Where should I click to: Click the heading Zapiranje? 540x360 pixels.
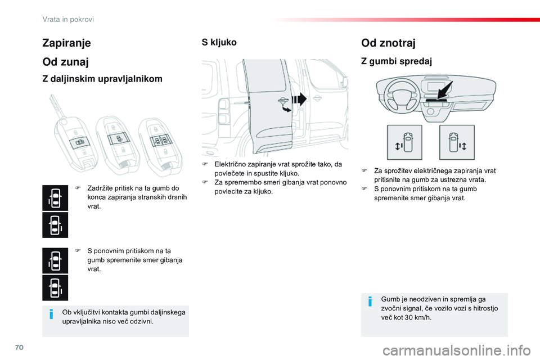pos(66,42)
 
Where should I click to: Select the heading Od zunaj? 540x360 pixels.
pos(65,62)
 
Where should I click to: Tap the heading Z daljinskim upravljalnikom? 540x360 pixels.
pos(102,79)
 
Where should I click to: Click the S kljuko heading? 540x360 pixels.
pos(219,42)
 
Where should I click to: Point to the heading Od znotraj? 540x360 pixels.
pos(389,42)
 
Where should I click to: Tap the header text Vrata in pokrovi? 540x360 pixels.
pos(68,19)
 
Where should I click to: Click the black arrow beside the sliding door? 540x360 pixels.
pos(299,100)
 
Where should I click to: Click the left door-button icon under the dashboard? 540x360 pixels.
pos(404,142)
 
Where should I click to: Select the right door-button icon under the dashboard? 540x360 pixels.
pos(457,142)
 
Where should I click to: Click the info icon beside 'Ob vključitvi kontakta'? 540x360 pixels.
pos(51,313)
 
